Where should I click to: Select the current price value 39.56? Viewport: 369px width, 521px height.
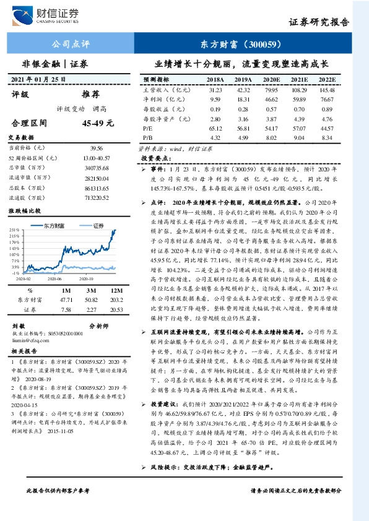coord(96,149)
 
